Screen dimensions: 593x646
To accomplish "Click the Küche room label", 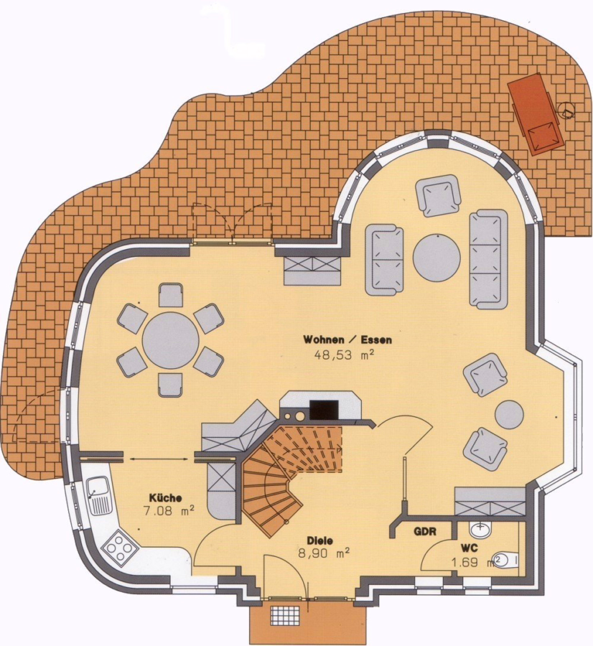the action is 165,497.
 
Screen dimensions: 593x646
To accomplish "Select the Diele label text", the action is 319,540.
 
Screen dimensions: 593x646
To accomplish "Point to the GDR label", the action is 425,531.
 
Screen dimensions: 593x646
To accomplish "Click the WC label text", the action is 470,548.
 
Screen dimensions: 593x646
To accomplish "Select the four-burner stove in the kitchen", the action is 121,549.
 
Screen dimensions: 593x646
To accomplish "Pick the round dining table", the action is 171,341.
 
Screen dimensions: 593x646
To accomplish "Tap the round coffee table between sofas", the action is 436,258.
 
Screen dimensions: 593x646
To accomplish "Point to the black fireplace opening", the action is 324,410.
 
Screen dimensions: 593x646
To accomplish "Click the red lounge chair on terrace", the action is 536,113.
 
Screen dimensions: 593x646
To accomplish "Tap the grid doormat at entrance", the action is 284,617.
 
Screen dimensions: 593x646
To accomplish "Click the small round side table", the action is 509,415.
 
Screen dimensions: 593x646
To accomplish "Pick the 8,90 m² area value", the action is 324,553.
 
